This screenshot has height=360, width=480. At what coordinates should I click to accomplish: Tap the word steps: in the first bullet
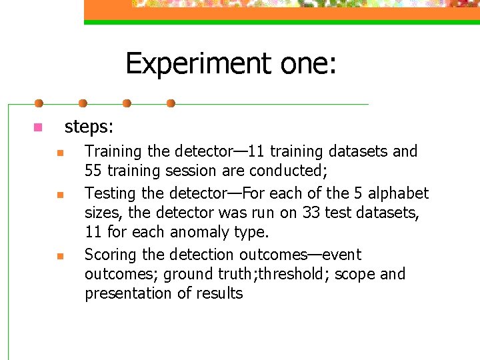pos(89,126)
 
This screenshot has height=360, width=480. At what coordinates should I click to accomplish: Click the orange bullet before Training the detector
pos(59,153)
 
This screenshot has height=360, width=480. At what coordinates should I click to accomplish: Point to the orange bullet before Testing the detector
pos(59,195)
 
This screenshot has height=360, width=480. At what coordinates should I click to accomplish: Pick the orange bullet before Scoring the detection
pos(59,256)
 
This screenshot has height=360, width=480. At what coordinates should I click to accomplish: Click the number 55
pos(93,171)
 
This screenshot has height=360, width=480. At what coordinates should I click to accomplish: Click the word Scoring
pos(111,255)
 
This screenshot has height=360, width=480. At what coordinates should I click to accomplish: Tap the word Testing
pos(111,193)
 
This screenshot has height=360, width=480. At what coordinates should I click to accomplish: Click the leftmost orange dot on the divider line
pos(39,103)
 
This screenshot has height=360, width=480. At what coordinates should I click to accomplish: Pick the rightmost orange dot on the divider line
pos(170,103)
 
